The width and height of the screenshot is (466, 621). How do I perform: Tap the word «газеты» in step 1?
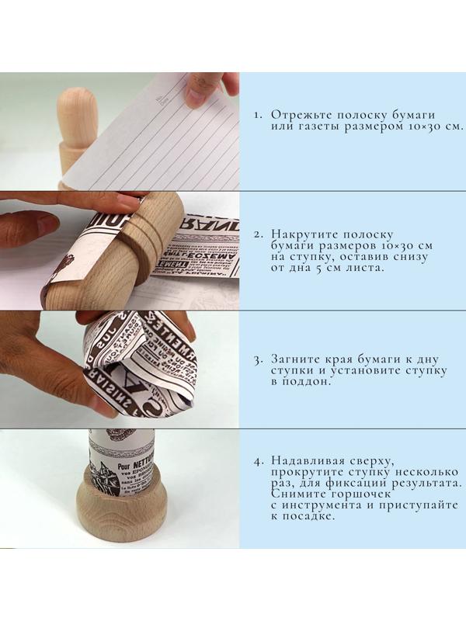[303, 127]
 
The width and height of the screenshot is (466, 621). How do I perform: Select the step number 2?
[259, 234]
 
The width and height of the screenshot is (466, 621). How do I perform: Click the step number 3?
[259, 360]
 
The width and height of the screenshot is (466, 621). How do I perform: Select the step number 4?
[259, 462]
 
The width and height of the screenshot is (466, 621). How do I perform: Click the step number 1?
[259, 115]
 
